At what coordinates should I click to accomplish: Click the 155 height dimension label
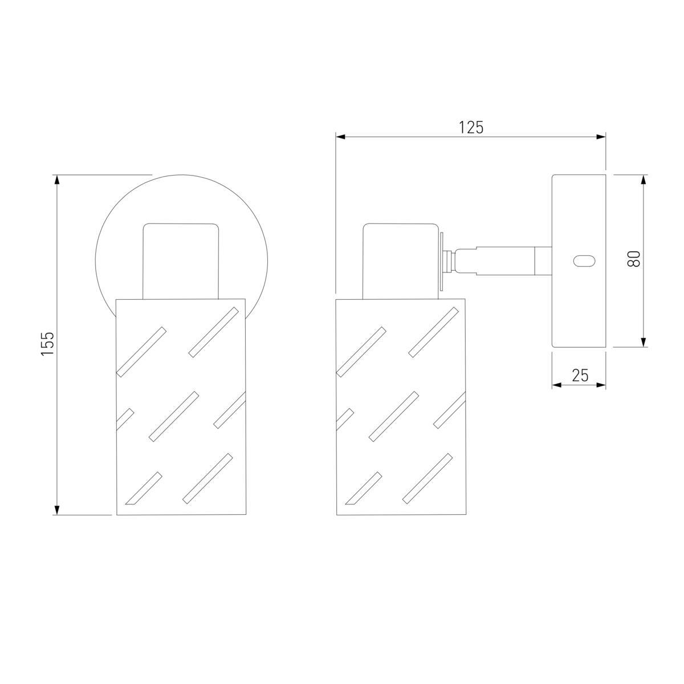[47, 343]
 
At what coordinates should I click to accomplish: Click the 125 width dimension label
[471, 128]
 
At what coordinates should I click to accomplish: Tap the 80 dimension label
[634, 259]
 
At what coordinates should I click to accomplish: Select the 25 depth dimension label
[580, 375]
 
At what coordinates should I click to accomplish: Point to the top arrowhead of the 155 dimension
[56, 180]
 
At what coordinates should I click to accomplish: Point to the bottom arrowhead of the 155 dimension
[56, 510]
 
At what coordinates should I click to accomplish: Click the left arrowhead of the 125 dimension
[341, 137]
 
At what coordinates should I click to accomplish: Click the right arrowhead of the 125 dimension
[601, 137]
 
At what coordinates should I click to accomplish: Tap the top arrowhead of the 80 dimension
[643, 180]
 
